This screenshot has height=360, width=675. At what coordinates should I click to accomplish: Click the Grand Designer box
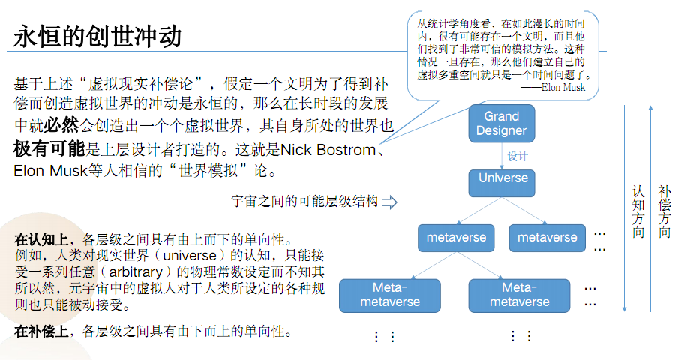(502, 123)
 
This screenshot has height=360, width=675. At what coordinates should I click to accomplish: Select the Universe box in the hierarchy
(502, 178)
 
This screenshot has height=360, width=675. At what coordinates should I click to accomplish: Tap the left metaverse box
(456, 238)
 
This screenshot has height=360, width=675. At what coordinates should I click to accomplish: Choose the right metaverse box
(547, 238)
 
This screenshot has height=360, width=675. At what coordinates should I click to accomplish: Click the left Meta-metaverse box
(389, 294)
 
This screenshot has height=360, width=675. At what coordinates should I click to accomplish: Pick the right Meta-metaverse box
(519, 294)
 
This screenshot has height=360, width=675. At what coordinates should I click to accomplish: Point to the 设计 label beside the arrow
(518, 157)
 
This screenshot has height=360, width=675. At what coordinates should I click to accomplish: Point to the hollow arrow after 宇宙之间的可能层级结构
(389, 202)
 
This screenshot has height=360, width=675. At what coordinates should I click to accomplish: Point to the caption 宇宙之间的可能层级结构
(304, 202)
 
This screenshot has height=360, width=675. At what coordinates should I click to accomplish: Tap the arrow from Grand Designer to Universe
(502, 155)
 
